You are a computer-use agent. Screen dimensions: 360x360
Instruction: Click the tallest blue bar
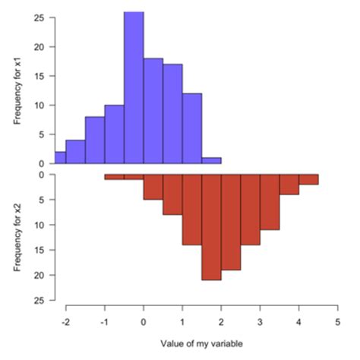click(134, 87)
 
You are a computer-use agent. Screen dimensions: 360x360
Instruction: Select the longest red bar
click(211, 226)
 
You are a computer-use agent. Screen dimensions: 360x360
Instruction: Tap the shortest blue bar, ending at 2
click(211, 160)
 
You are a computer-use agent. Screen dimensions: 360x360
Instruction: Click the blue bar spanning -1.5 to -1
click(95, 140)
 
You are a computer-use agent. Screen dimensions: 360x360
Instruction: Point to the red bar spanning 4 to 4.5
click(308, 179)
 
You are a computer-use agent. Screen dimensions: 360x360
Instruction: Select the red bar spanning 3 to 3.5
click(270, 202)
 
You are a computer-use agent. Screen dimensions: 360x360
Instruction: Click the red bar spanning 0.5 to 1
click(172, 194)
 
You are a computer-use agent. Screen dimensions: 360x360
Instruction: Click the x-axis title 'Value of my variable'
click(201, 343)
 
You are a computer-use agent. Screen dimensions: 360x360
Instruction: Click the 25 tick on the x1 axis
click(39, 17)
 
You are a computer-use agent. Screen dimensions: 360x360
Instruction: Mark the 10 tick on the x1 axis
click(39, 105)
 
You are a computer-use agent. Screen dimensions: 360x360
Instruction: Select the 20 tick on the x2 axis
click(39, 275)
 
